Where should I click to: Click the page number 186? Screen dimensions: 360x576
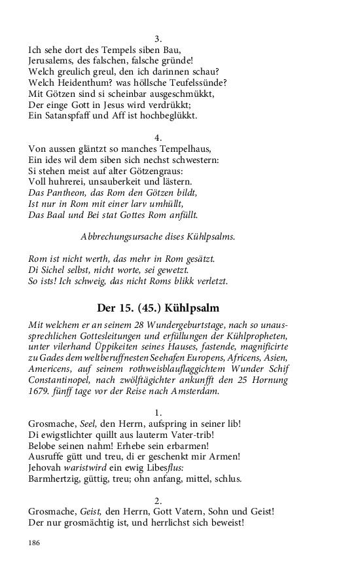pos(35,543)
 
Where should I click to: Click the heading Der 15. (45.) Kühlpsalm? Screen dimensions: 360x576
pos(158,308)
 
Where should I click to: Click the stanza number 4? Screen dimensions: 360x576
pos(158,137)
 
